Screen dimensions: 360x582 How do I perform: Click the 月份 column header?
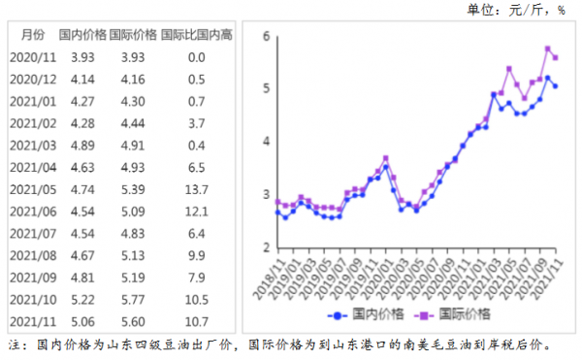[x=26, y=34]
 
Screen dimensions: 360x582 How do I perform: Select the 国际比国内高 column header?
[x=197, y=34]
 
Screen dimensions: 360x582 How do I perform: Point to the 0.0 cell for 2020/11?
[x=197, y=57]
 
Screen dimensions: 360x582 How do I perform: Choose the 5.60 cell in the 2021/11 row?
[x=133, y=321]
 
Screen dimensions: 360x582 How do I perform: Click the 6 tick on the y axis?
[x=265, y=36]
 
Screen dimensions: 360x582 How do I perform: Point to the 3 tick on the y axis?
[x=265, y=194]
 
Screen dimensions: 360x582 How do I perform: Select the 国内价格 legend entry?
[x=372, y=313]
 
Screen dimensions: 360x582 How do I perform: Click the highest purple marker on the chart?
[x=548, y=49]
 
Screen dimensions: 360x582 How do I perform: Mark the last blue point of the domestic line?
[x=555, y=86]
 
